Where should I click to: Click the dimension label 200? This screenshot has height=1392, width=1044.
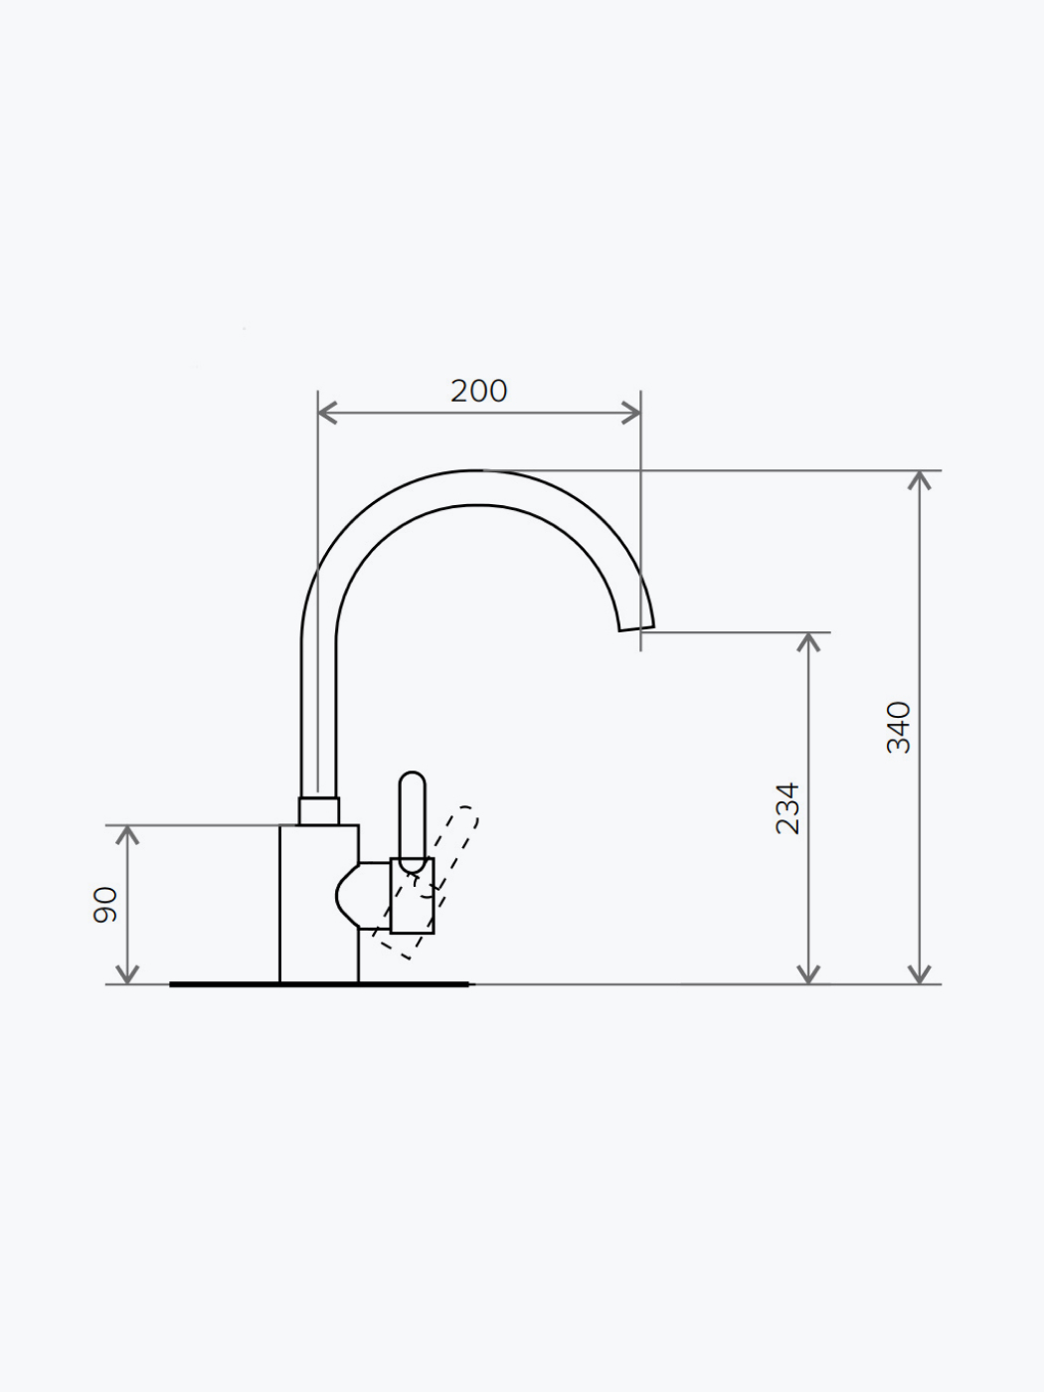click(x=478, y=392)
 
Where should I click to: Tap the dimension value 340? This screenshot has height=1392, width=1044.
click(x=898, y=728)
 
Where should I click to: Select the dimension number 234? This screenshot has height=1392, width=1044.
click(x=787, y=808)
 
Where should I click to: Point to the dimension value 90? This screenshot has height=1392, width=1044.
click(x=105, y=905)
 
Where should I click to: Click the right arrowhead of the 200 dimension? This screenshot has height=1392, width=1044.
click(x=630, y=413)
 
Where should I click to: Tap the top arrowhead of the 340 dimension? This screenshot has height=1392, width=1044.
click(x=919, y=480)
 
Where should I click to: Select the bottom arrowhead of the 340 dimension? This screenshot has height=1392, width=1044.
click(x=919, y=974)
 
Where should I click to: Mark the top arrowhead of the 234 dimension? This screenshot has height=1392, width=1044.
click(x=808, y=642)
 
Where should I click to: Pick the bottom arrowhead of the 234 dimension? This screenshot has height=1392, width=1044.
click(x=808, y=974)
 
